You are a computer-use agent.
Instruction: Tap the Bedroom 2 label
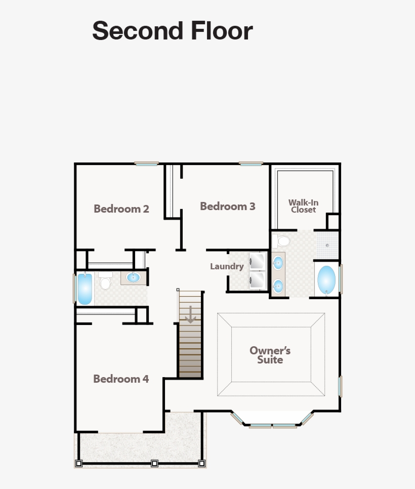[121, 209]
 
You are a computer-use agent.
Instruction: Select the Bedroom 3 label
[227, 206]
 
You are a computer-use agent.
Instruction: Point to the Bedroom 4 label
[121, 379]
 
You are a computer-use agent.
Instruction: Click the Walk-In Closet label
[304, 206]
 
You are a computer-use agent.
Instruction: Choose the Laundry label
[227, 266]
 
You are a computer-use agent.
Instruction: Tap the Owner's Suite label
[270, 355]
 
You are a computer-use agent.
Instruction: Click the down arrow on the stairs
[190, 315]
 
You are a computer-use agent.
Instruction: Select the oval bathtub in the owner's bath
[326, 280]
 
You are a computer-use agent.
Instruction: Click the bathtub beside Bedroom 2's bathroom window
[85, 289]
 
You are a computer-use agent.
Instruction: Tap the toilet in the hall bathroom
[105, 281]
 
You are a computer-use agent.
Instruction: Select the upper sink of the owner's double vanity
[278, 263]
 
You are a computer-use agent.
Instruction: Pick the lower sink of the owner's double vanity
[278, 286]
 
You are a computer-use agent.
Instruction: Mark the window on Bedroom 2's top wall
[147, 164]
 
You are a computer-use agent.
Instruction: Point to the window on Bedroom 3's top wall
[251, 164]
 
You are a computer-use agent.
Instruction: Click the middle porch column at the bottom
[154, 463]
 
